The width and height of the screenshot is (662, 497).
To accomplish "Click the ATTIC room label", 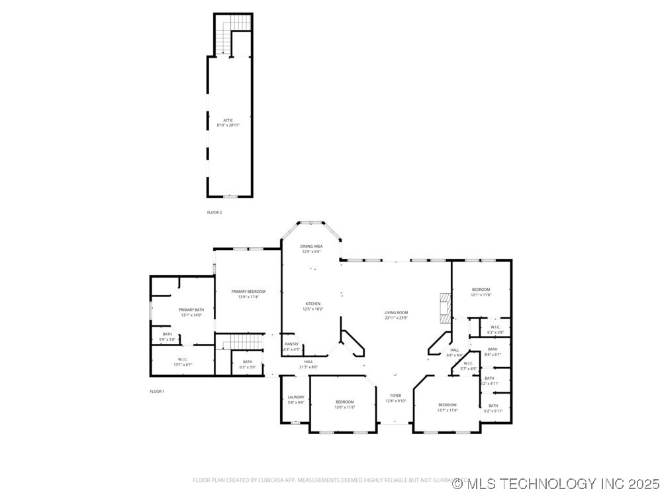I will [x=228, y=121].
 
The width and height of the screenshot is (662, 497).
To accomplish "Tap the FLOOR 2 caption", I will [x=214, y=213].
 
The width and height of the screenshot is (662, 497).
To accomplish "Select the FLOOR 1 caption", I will [x=157, y=392].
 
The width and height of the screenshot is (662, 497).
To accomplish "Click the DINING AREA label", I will [x=312, y=247].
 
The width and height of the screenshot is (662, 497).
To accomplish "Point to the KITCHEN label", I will [x=312, y=304].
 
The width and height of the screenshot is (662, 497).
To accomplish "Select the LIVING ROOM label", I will [x=397, y=313].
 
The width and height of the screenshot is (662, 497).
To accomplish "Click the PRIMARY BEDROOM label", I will [x=248, y=292].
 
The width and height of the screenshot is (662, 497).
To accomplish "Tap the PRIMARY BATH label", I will [x=191, y=310].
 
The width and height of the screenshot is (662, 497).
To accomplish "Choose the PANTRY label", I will [x=292, y=344].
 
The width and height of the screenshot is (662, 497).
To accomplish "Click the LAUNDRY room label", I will [x=296, y=398].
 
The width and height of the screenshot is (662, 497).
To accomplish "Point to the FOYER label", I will [x=396, y=396].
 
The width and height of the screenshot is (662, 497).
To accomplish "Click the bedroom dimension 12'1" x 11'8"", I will [x=481, y=295].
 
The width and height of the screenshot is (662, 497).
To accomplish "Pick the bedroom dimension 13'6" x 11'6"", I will [x=344, y=408].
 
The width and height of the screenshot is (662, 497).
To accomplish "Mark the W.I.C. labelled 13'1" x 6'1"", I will [x=182, y=364].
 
